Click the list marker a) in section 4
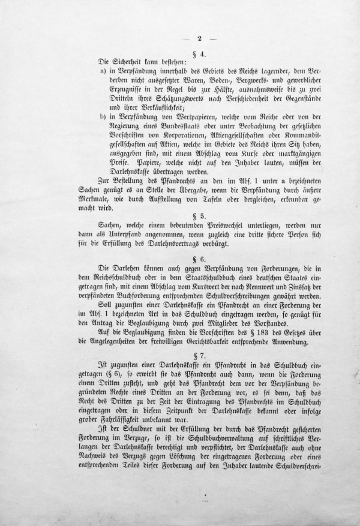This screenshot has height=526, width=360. point(104,71)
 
